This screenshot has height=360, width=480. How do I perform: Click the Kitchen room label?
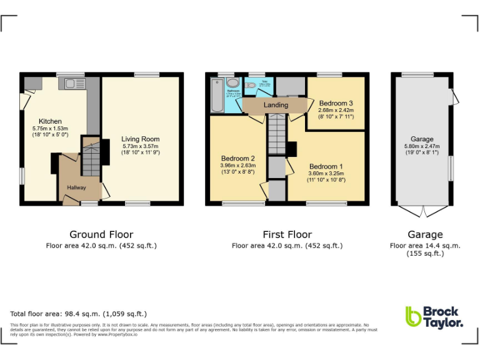pos(50,121)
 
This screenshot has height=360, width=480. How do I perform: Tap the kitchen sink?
pos(66,83)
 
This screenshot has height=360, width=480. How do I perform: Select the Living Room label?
pos(140,139)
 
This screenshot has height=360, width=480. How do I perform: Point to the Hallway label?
pos(72,187)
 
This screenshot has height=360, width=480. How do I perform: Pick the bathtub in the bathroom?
pos(217,94)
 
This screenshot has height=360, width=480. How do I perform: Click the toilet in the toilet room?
pos(250,85)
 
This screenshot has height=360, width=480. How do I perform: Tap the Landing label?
pos(276,105)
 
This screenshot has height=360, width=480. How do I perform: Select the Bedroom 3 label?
pos(336,103)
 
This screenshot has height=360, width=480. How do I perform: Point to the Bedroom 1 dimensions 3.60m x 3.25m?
pos(326,174)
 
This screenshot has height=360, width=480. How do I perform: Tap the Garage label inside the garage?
pos(422,139)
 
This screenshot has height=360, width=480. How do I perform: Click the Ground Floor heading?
pos(101,235)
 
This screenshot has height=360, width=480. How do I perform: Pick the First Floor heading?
pos(287,235)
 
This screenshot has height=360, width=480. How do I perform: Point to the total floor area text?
pos(78,314)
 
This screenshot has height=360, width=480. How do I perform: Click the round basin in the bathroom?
pos(232,83)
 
